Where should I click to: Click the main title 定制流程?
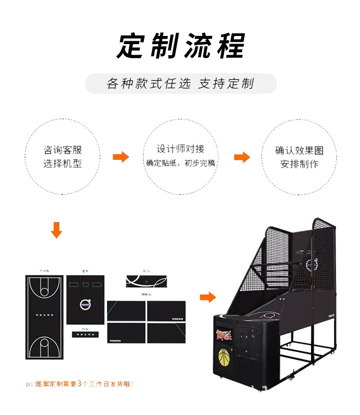(x=180, y=46)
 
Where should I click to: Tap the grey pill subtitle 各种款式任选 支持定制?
(x=180, y=83)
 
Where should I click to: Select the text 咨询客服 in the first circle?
(x=63, y=150)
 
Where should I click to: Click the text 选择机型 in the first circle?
(x=63, y=164)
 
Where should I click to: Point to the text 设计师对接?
(x=180, y=149)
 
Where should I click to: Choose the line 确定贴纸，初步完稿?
(x=180, y=163)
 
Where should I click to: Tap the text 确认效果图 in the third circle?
(x=300, y=150)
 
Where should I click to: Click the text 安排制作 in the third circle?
(x=300, y=164)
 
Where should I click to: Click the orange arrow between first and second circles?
(x=121, y=157)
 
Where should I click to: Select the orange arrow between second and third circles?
(x=242, y=157)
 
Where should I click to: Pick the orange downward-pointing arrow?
(x=57, y=230)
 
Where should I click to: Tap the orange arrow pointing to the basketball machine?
(x=208, y=297)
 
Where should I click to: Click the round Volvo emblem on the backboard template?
(x=85, y=304)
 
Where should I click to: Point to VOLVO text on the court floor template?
(x=45, y=315)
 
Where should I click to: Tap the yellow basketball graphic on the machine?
(x=224, y=357)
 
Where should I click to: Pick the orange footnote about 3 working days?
(x=80, y=384)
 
